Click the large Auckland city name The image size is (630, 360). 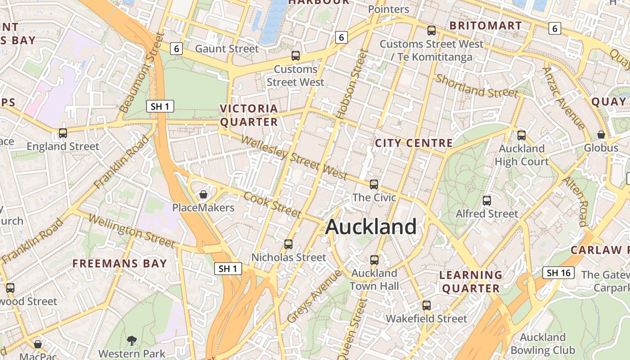371,227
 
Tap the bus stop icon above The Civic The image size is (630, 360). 374,184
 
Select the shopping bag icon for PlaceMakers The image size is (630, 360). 203,194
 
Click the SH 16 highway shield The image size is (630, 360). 558,273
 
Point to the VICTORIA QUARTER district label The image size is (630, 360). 249,115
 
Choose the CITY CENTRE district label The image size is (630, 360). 414,144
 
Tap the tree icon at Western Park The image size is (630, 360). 131,340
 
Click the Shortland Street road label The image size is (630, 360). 477,86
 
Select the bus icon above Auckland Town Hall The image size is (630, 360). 374,260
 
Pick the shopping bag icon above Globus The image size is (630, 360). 601,135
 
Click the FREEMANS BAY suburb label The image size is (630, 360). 120,264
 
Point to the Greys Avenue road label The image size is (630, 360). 314,296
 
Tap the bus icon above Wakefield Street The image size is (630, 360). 427,305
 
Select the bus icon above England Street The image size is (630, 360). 63,133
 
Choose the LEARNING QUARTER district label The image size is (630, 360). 471,282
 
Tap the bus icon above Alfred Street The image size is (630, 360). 487,200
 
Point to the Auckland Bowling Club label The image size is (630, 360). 543,344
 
